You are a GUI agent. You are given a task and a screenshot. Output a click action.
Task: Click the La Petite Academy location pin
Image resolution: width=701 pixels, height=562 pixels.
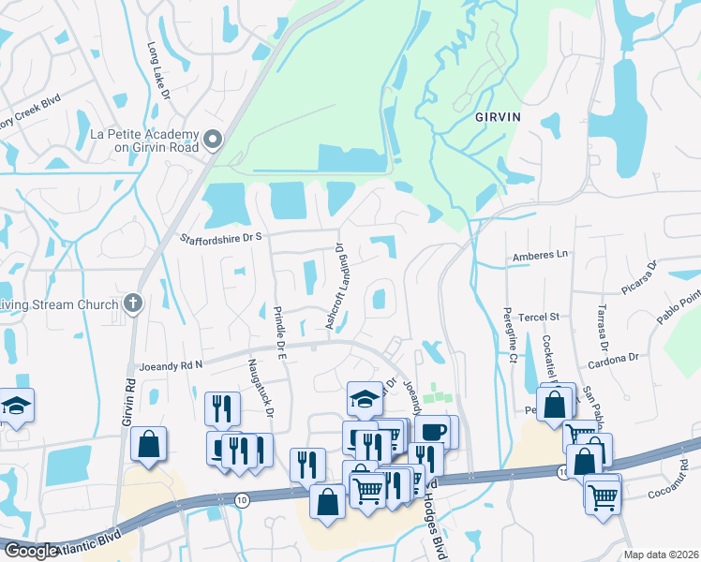pyautogui.click(x=213, y=140)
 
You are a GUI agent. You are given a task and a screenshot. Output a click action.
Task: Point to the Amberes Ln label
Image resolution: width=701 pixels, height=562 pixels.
pyautogui.click(x=541, y=255)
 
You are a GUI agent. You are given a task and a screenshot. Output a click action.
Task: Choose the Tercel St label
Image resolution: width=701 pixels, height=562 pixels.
pyautogui.click(x=540, y=318)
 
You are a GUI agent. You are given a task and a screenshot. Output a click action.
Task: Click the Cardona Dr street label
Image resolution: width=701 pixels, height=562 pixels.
pyautogui.click(x=613, y=357)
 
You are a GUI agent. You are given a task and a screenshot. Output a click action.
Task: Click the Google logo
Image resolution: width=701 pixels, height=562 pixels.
pyautogui.click(x=31, y=551)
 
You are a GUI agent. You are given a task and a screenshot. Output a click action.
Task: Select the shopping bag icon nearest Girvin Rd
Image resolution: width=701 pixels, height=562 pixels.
pyautogui.click(x=149, y=444)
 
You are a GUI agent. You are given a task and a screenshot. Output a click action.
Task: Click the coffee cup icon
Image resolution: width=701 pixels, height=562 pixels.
pyautogui.click(x=433, y=433)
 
